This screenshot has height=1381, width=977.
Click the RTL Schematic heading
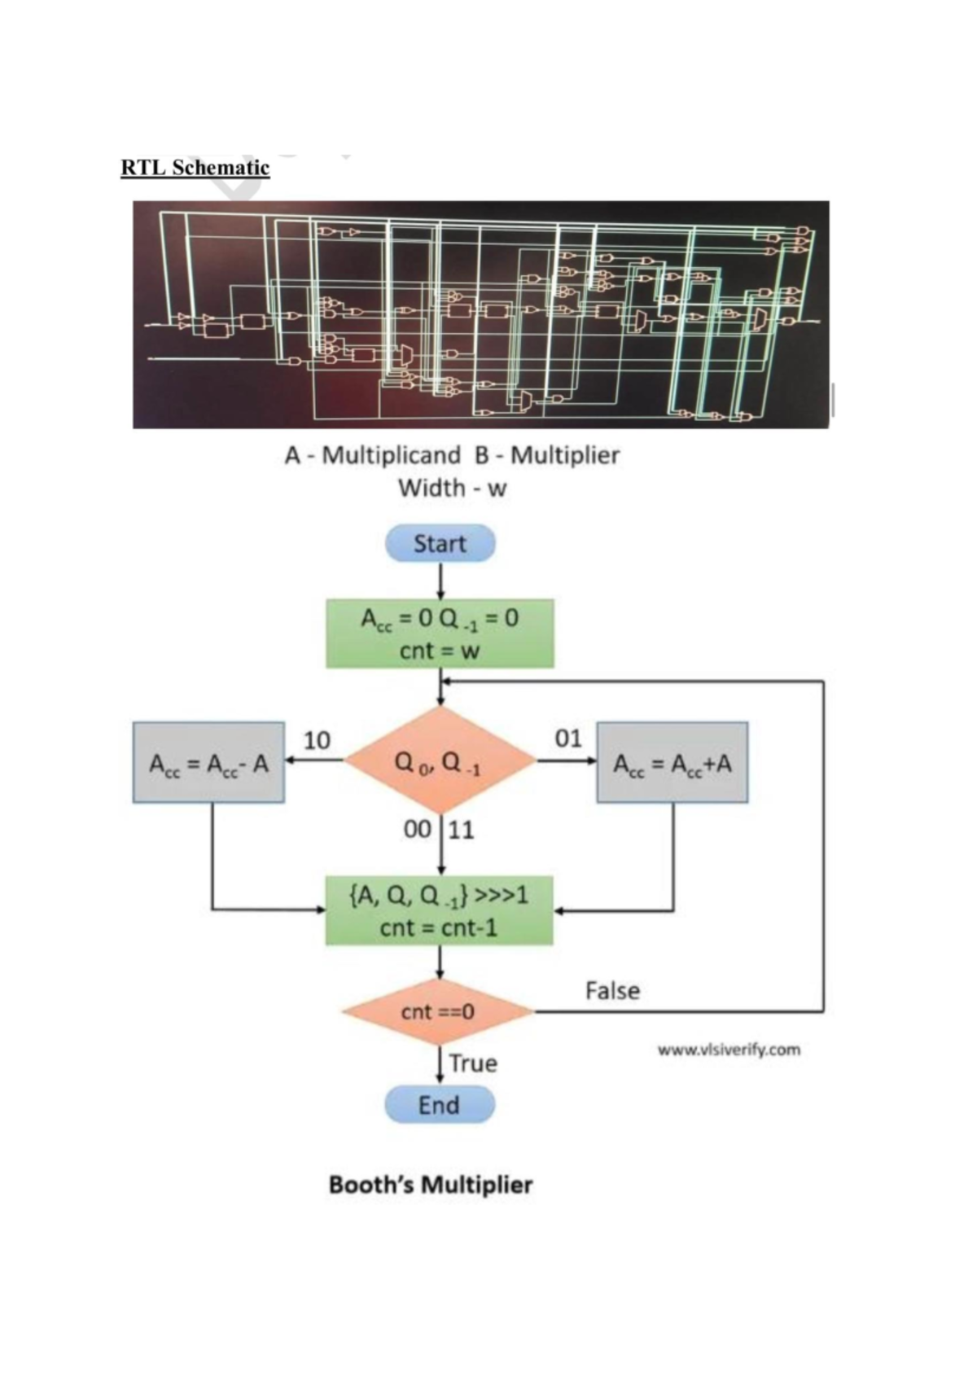coord(195,167)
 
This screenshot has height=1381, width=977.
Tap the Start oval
coord(440,543)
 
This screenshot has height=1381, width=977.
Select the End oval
coord(440,1105)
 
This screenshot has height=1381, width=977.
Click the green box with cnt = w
coord(440,634)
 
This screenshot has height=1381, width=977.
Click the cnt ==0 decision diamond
coord(438,1012)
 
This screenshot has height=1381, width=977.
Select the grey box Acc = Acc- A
coord(208,763)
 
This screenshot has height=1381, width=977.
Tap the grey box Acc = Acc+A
coord(673,763)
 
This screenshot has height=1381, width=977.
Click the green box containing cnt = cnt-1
coord(440,910)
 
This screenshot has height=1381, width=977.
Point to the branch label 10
coord(317,740)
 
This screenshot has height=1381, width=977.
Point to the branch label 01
coord(568,739)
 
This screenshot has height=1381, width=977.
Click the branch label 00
coord(418,830)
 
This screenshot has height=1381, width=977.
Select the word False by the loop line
coord(612,991)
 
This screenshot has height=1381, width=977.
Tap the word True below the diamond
coord(473,1063)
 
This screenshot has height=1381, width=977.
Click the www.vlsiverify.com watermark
coord(729,1050)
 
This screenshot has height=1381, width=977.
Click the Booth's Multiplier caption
coord(431,1184)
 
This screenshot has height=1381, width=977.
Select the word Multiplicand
coord(391,455)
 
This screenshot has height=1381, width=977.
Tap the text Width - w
coord(452,489)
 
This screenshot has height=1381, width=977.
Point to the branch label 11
coord(460,830)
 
